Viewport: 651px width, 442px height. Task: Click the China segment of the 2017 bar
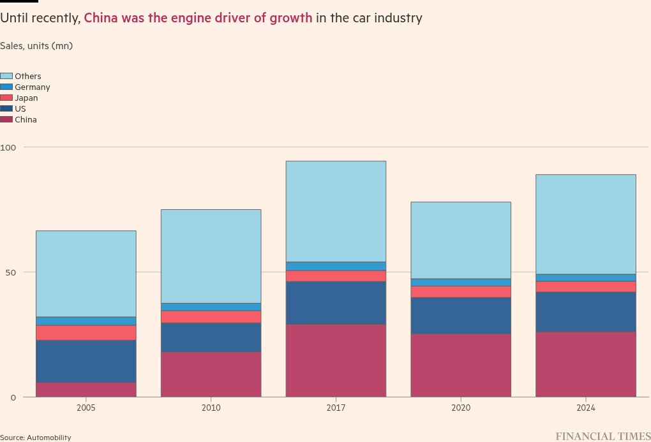tap(336, 360)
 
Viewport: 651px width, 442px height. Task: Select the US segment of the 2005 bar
tap(86, 361)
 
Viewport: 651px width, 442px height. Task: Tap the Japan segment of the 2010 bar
tap(211, 316)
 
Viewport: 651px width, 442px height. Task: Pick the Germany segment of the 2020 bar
tap(461, 282)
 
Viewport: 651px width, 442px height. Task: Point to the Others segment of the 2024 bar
tap(585, 224)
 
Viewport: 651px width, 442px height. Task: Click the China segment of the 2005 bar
tap(86, 389)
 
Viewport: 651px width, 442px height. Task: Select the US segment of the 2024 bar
tap(585, 311)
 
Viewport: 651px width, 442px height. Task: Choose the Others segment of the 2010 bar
tap(211, 256)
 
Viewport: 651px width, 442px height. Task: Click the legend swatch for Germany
tap(6, 87)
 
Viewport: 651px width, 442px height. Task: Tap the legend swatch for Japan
tap(6, 98)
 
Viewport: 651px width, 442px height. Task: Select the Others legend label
tap(28, 76)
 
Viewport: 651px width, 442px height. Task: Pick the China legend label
tap(26, 119)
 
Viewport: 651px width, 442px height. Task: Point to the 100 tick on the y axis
tap(7, 147)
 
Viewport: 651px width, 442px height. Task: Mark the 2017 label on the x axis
tap(336, 408)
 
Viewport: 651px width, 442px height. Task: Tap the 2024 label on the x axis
tap(585, 408)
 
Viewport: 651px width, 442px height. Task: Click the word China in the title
tap(102, 18)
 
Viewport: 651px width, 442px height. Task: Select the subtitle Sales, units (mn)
tap(36, 46)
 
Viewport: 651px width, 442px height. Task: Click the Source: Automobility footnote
tap(36, 438)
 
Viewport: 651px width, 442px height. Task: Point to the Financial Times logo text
tap(602, 436)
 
